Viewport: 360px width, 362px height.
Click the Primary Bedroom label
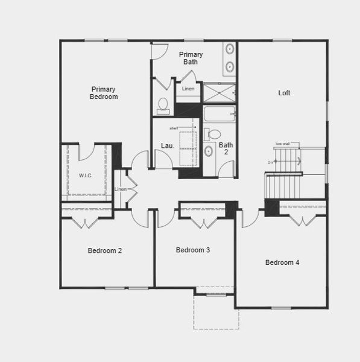tap(104, 92)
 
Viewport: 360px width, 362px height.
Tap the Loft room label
tap(284, 93)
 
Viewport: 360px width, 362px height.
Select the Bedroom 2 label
tap(105, 250)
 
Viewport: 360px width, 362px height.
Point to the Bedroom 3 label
tap(193, 250)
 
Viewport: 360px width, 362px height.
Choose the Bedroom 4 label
tap(282, 262)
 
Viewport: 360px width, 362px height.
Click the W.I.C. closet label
tap(86, 176)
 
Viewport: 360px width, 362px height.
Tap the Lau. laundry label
tap(167, 145)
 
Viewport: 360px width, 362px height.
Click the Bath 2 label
tap(226, 148)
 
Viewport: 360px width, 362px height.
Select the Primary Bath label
tap(191, 58)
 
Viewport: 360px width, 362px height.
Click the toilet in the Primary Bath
tap(162, 106)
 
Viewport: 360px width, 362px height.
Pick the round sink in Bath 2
tap(209, 151)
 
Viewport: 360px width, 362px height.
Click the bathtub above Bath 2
tap(218, 113)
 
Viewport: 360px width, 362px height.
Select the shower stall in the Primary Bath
tap(218, 92)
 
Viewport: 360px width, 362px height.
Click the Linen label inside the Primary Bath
tap(188, 89)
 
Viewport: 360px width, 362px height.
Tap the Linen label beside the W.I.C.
tap(121, 189)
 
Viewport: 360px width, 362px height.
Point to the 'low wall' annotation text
tap(282, 143)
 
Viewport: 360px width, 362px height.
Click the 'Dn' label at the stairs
tap(270, 162)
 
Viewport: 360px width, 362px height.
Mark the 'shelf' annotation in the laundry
tap(174, 128)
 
